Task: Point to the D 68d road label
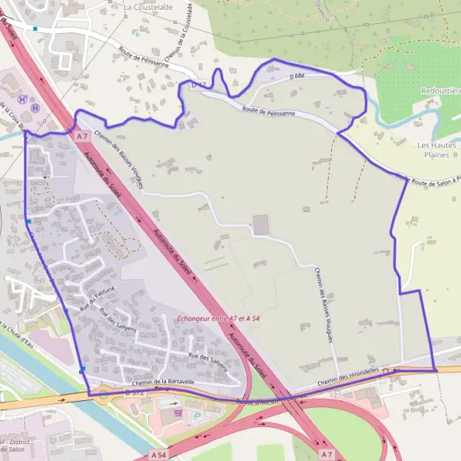[x=297, y=76]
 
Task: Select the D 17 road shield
[x=200, y=84]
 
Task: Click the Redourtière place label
[x=440, y=91]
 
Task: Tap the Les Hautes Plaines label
[x=436, y=149]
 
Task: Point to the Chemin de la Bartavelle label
[x=163, y=380]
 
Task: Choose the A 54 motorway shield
[x=159, y=455]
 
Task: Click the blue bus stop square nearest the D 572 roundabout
[x=81, y=371]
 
